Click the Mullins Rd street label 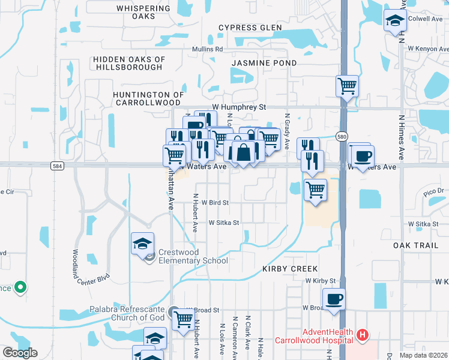[x=207, y=49]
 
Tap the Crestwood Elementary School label [x=193, y=256]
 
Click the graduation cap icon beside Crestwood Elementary [x=142, y=244]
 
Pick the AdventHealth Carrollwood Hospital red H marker [x=362, y=335]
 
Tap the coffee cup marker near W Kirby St [x=334, y=298]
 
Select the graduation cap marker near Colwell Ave [x=395, y=21]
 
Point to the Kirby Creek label [x=289, y=269]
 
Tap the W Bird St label [x=215, y=203]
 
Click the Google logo [x=19, y=353]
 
